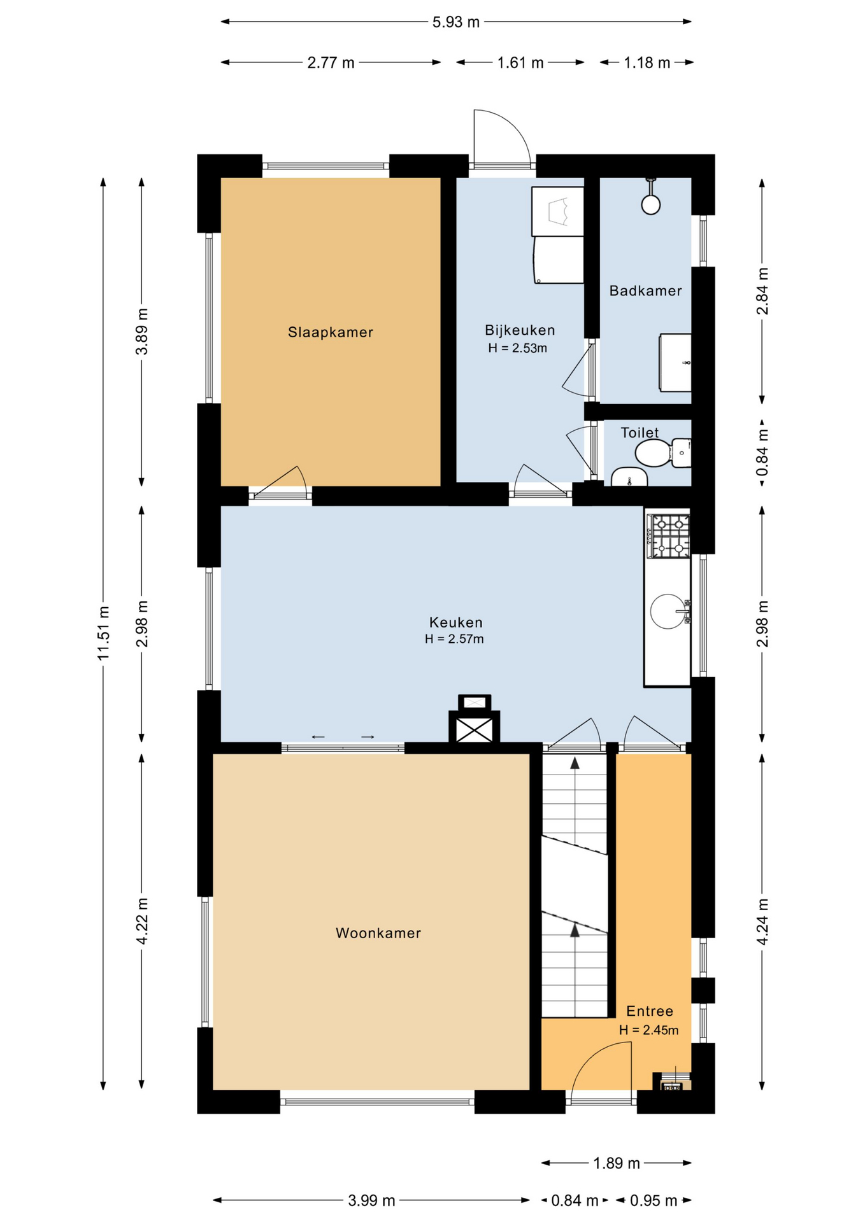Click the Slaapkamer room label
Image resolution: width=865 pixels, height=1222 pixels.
pyautogui.click(x=330, y=332)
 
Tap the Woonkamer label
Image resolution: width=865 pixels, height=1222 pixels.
pyautogui.click(x=378, y=933)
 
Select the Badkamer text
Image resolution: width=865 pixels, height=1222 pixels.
pyautogui.click(x=645, y=291)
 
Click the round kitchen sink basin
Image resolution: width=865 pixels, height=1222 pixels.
pyautogui.click(x=667, y=612)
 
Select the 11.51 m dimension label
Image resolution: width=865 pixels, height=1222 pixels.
pyautogui.click(x=104, y=633)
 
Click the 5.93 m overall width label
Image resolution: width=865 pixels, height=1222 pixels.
pyautogui.click(x=456, y=22)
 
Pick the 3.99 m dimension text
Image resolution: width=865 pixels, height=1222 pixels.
pyautogui.click(x=371, y=1200)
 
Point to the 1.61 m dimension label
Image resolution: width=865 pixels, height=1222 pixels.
pyautogui.click(x=520, y=63)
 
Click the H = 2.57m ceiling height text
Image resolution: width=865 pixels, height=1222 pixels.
pyautogui.click(x=454, y=639)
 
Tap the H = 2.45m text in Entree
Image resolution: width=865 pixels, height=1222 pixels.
pyautogui.click(x=648, y=1030)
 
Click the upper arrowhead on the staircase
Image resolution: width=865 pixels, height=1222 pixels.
pyautogui.click(x=575, y=764)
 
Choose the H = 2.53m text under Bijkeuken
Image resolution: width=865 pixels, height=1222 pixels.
pyautogui.click(x=517, y=348)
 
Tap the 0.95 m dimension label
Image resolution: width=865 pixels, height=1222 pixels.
pyautogui.click(x=654, y=1200)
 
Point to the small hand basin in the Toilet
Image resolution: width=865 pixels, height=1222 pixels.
pyautogui.click(x=629, y=477)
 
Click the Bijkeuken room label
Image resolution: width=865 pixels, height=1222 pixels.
pyautogui.click(x=520, y=330)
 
